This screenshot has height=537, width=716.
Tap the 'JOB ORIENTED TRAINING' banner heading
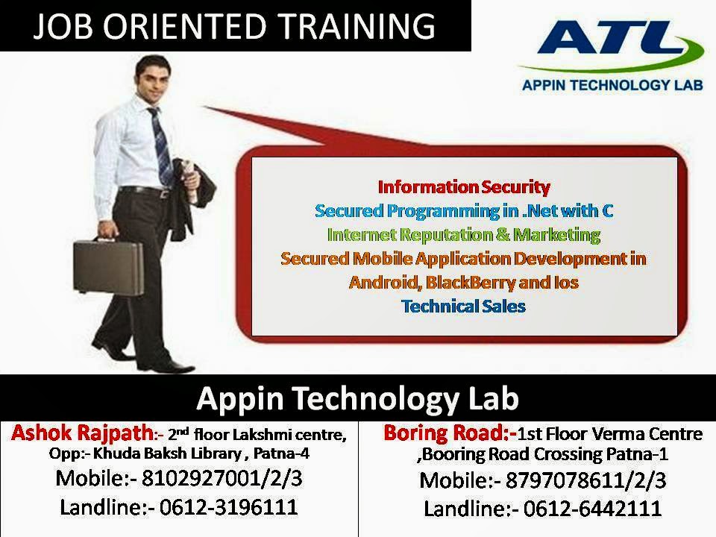coord(234,26)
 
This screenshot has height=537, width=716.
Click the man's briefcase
coord(108,266)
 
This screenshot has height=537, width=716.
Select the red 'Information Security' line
coord(464,186)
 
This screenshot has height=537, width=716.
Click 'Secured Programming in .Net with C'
coord(464,210)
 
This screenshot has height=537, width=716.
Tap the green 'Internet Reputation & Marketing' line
coord(464,234)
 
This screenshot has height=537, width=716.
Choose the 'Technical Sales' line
coord(463,306)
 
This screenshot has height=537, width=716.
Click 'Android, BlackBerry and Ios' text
coord(464,282)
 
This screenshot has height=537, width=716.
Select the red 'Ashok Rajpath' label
coord(83,433)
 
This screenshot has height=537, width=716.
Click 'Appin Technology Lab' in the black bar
coord(357,398)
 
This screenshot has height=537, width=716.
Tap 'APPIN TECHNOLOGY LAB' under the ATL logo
coord(612,85)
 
